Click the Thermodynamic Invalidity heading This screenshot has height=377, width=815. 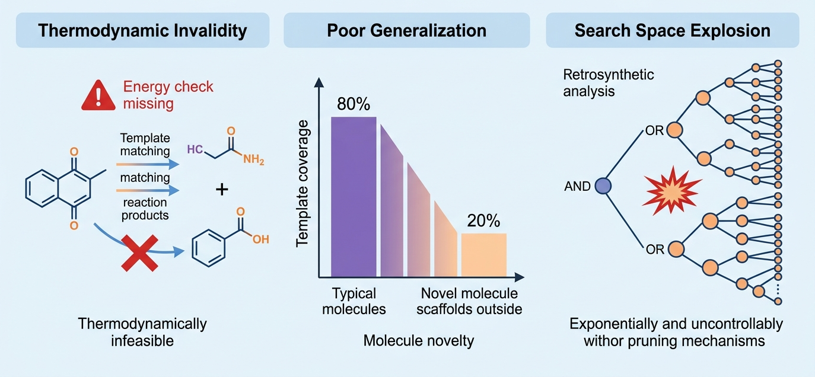(x=142, y=31)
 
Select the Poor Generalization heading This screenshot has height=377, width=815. (x=406, y=31)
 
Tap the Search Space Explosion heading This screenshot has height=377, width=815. (x=673, y=31)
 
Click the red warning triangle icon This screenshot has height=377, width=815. (x=98, y=95)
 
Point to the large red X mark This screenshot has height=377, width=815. (x=140, y=253)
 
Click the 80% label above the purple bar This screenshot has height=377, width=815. (x=354, y=104)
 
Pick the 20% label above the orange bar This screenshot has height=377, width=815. (x=483, y=221)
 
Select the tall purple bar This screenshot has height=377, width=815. (x=354, y=197)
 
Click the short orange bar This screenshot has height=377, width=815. (x=484, y=255)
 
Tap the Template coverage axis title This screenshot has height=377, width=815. (x=303, y=184)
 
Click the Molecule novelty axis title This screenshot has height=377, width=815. (x=418, y=341)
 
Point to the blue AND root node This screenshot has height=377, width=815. (x=603, y=186)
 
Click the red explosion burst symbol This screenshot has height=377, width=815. (x=671, y=191)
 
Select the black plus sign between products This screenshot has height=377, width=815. (x=222, y=190)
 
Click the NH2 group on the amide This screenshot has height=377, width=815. (x=254, y=159)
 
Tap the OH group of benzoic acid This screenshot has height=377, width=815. (x=261, y=239)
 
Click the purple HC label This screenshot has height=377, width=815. (x=195, y=149)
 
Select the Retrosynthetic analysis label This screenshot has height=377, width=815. (x=609, y=83)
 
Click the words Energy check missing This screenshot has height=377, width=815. (x=168, y=95)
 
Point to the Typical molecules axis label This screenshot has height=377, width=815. (x=354, y=301)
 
